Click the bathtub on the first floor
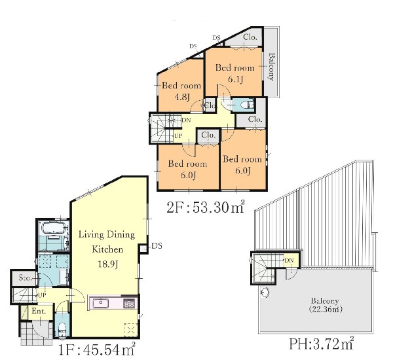(54, 228)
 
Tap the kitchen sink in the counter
(101, 304)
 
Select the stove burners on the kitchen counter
(129, 304)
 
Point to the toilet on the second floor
(243, 105)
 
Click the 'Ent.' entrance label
(39, 311)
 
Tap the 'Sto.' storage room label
(25, 278)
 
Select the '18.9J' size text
(107, 264)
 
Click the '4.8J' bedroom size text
(181, 97)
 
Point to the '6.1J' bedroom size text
(236, 79)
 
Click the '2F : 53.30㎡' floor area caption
(206, 207)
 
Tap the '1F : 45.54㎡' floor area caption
(97, 350)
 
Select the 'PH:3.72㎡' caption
(322, 344)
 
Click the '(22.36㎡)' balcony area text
(326, 309)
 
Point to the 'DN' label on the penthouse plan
(289, 261)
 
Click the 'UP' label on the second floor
(178, 136)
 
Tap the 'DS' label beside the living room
(157, 246)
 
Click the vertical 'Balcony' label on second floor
(271, 67)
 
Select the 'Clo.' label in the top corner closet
(250, 37)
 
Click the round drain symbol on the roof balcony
(265, 293)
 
